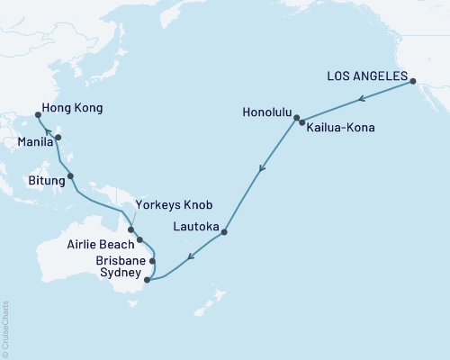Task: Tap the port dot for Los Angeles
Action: point(413,82)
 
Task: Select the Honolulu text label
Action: point(268,113)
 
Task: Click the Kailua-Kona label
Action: point(340,128)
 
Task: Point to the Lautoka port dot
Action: point(224,232)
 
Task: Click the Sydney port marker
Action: point(148,280)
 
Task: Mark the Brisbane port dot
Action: point(152,262)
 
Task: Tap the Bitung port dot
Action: point(70,176)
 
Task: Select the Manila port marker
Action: point(58,138)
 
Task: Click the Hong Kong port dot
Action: point(37,115)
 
